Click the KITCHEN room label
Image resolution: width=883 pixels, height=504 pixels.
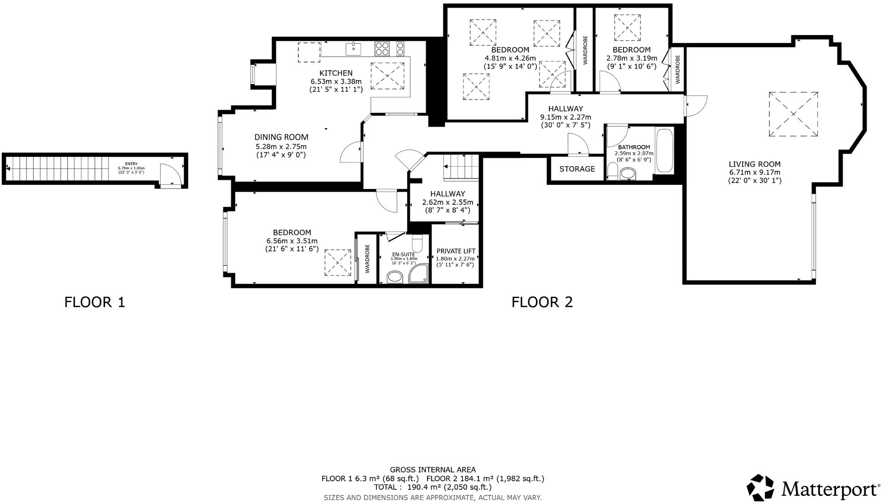pos(336,73)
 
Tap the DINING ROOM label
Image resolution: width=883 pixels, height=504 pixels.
pos(281,137)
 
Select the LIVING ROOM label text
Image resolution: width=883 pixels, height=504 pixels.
pos(754,164)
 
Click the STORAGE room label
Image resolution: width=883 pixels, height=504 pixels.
pos(577,169)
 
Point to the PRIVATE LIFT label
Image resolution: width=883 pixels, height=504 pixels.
pos(456,251)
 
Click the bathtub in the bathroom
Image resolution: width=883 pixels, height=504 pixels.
pos(664,151)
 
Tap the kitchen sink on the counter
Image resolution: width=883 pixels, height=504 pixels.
pos(353,48)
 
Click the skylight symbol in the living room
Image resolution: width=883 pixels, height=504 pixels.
pos(793,114)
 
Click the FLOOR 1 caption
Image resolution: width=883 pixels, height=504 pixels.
pos(94,302)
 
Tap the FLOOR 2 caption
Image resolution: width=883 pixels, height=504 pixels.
pos(541,302)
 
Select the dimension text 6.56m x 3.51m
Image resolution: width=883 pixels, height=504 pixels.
pos(292,241)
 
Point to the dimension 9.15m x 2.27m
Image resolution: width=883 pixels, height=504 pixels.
pos(566,117)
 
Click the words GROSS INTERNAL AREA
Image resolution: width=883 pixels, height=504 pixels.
pos(432,469)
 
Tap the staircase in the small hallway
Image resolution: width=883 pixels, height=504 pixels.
pos(461,167)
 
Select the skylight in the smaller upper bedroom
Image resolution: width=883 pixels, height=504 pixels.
pos(627,28)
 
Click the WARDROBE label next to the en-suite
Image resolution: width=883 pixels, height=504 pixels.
pos(367,259)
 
